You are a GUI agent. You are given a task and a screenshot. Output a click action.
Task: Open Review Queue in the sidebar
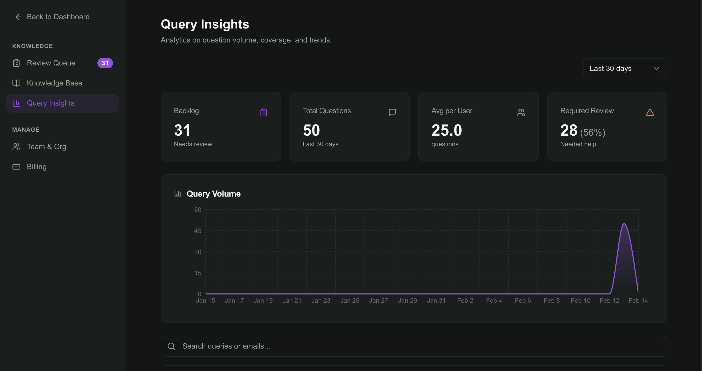(51, 63)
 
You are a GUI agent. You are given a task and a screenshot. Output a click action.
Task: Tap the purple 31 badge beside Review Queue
(105, 63)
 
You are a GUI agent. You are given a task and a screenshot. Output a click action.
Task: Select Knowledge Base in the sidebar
(54, 83)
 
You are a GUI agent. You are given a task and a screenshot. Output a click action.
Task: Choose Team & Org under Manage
(46, 146)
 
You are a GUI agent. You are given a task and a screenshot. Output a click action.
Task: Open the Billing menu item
(36, 167)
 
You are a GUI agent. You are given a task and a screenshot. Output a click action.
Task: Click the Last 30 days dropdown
(625, 69)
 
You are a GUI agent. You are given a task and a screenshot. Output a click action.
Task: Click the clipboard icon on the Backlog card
(264, 112)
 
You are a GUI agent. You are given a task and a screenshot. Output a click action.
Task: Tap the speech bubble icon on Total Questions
(392, 112)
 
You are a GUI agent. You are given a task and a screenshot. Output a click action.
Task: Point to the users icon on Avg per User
(521, 112)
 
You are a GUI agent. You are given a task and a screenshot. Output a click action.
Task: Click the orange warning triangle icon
(650, 112)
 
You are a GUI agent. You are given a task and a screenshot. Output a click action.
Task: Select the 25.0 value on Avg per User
(447, 130)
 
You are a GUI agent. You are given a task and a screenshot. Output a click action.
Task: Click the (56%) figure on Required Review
(592, 132)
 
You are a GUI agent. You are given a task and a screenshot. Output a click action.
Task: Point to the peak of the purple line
(624, 224)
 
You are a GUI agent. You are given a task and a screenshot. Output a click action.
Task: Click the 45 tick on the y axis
(198, 231)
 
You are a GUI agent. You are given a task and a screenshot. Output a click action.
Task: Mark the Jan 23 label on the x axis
(321, 301)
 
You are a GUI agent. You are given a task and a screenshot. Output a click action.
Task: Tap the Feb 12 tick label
(609, 301)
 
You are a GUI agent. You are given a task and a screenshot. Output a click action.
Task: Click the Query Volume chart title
(214, 194)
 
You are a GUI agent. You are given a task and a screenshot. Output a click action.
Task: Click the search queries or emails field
(414, 346)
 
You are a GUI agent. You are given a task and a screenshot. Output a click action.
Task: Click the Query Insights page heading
(205, 24)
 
